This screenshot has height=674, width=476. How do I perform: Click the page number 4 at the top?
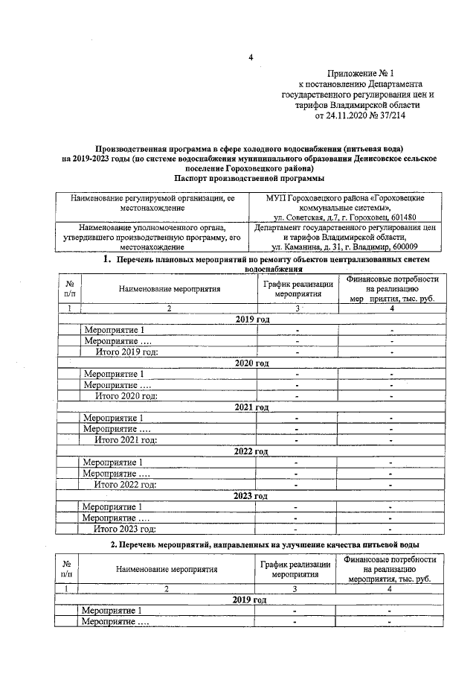tap(251, 57)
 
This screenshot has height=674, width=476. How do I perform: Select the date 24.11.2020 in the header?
tap(347, 116)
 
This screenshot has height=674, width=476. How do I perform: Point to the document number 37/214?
tap(390, 116)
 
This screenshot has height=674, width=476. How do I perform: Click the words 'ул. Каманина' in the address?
tap(296, 247)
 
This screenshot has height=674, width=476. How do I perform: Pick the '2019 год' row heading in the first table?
tap(251, 319)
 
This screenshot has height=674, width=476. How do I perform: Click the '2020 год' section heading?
tap(251, 363)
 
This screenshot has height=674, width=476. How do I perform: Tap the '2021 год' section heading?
tap(251, 407)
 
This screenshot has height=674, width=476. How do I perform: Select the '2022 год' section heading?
tap(251, 451)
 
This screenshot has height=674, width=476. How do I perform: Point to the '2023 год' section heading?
tap(251, 495)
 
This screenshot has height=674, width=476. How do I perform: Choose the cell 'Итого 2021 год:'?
tap(126, 440)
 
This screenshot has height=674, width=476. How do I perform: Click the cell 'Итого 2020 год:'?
tap(126, 396)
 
